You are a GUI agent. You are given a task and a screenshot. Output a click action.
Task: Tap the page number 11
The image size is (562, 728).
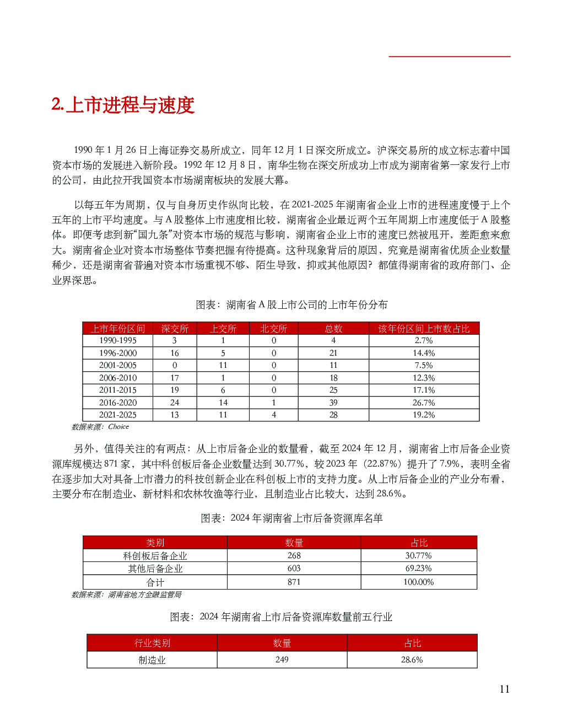click(504, 689)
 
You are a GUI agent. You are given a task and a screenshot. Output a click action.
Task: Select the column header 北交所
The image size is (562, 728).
click(274, 329)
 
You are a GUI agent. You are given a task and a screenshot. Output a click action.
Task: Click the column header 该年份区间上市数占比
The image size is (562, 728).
click(424, 329)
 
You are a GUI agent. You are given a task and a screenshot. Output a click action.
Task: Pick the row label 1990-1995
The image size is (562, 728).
click(118, 341)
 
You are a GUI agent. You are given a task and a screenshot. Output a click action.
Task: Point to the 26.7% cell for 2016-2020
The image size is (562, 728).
click(424, 403)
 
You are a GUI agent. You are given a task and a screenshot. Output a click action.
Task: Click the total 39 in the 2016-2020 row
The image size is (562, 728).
click(333, 403)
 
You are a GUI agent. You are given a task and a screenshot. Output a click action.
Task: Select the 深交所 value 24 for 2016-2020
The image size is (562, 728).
click(175, 403)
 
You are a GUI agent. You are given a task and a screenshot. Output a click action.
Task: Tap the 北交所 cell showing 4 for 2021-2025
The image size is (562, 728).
click(274, 415)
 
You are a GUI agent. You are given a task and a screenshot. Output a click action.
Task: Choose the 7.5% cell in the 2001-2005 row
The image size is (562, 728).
click(424, 365)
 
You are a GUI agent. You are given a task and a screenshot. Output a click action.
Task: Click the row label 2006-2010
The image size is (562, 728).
click(118, 378)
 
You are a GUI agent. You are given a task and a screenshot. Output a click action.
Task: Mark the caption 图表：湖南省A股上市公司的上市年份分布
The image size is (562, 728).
click(291, 305)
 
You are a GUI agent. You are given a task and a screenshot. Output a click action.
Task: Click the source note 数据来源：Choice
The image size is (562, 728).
click(100, 427)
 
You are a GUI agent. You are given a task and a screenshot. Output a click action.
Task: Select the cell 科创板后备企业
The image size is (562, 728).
click(155, 556)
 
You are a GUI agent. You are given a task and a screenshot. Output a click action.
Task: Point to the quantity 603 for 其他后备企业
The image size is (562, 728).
click(294, 569)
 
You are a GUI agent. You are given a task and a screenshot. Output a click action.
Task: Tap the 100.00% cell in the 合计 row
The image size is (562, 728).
click(419, 582)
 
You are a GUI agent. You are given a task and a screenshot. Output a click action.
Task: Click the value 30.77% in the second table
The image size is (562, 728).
click(419, 556)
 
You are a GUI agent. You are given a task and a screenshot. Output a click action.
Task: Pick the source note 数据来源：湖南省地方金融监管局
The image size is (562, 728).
click(126, 595)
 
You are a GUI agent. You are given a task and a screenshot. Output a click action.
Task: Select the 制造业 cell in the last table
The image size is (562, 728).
click(152, 660)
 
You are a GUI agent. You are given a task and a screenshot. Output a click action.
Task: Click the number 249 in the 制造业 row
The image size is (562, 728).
click(282, 660)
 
